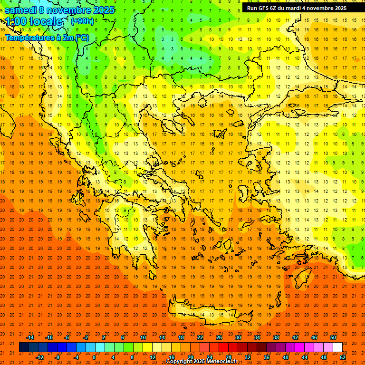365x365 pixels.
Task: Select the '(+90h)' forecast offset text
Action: (82, 21)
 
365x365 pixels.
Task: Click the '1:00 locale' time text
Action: (34, 21)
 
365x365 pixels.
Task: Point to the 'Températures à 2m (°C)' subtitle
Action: (47, 38)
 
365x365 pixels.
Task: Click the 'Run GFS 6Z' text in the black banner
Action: (264, 8)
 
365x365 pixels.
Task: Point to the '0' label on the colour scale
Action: (94, 357)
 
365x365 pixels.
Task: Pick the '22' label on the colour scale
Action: (200, 337)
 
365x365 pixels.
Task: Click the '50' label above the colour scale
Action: (333, 337)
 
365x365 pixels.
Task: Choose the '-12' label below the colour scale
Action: (40, 357)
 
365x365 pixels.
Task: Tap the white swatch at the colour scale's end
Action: (338, 347)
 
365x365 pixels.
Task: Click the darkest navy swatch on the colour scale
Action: (24, 347)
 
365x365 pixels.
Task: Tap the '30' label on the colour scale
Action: (238, 337)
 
